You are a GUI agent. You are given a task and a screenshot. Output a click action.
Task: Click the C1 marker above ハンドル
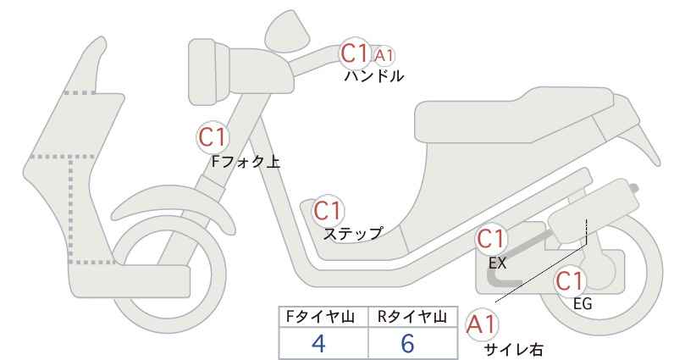point(355,53)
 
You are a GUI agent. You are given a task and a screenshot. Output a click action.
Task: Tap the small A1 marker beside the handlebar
point(384,56)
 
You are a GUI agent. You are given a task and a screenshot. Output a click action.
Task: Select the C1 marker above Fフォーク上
point(213,137)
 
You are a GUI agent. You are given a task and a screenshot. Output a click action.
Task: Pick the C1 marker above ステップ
point(328,211)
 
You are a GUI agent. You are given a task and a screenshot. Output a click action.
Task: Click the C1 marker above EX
point(490,240)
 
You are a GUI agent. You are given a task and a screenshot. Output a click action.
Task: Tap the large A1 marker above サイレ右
point(481,324)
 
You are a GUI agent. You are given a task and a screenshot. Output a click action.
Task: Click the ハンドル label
point(374,76)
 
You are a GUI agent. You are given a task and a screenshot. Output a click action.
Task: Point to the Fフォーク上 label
point(246,162)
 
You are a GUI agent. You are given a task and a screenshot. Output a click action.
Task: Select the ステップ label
point(353,234)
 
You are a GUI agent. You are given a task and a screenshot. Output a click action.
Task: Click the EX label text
point(497,263)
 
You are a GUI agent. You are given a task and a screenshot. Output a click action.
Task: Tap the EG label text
point(582,304)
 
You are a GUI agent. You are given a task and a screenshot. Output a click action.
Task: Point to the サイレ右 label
point(513,350)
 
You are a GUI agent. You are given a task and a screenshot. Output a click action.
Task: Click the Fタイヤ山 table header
point(320,317)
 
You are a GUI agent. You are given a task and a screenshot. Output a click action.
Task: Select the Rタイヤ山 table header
point(412,317)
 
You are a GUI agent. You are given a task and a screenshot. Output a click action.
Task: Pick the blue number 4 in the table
point(319,343)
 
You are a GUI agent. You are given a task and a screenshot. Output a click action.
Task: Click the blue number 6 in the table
point(407,343)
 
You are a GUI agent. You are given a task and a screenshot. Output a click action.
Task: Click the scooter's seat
point(515,115)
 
